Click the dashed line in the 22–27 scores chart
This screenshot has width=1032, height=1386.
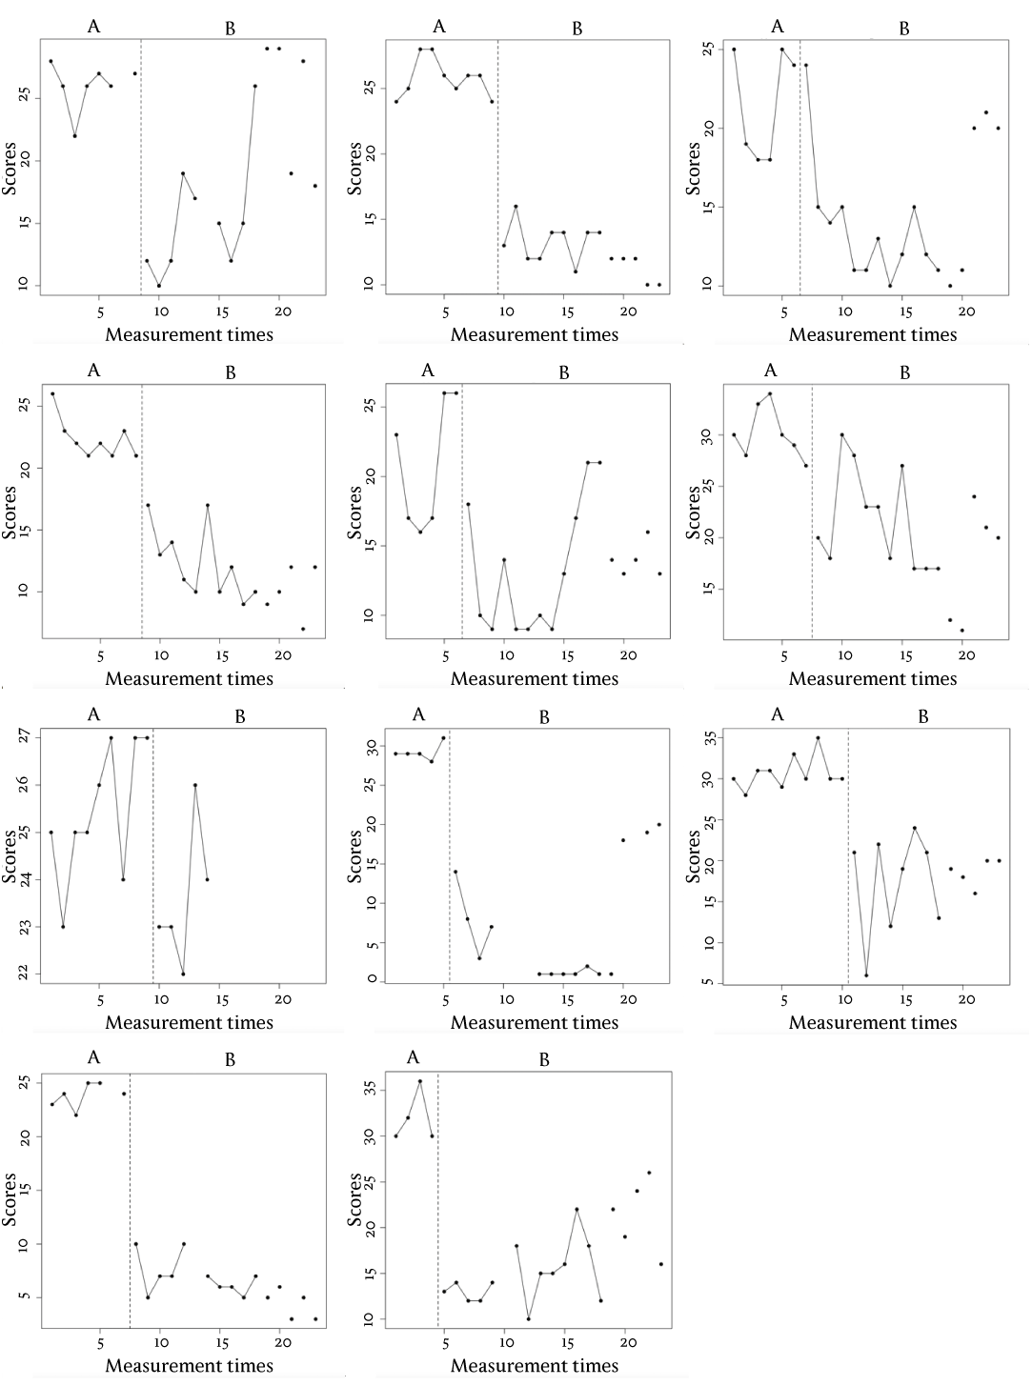152,857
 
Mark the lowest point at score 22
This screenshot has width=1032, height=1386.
183,974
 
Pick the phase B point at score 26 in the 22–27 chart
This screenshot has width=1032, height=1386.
194,785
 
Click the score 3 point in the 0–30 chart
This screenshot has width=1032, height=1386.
479,957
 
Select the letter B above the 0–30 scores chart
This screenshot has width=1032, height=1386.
544,718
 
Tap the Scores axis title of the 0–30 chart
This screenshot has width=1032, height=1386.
354,856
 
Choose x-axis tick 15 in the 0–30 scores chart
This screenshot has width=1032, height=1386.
567,999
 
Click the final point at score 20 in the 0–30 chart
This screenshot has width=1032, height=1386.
658,824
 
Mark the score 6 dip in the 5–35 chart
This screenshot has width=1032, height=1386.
866,975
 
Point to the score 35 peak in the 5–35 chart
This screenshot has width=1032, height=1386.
818,738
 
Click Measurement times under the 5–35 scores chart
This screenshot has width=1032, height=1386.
872,1022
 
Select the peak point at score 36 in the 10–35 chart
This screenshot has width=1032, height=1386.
419,1081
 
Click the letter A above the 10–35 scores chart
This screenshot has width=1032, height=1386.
414,1057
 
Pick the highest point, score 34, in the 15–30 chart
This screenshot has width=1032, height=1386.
770,393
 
